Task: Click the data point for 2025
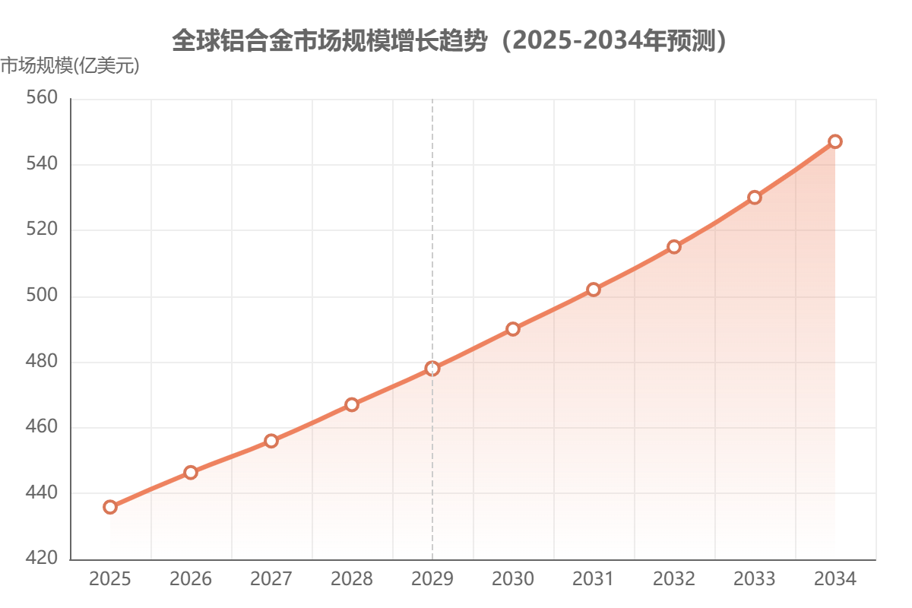(x=110, y=507)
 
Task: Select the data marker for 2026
(x=191, y=472)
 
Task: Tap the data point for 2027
(x=271, y=440)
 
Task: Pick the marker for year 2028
(x=352, y=404)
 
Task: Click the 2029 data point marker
(x=432, y=368)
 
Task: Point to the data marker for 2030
(x=513, y=328)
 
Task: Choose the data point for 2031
(x=594, y=289)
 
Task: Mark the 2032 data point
(x=674, y=246)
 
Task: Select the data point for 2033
(x=755, y=197)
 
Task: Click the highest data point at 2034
(x=835, y=141)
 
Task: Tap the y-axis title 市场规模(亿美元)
(x=70, y=67)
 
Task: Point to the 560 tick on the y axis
(x=43, y=99)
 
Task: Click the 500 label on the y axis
(x=43, y=296)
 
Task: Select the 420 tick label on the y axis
(x=43, y=559)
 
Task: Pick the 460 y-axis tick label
(x=43, y=428)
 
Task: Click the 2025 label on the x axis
(x=110, y=579)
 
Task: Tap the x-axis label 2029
(x=432, y=579)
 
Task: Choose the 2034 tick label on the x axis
(x=835, y=579)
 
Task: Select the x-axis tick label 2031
(x=594, y=579)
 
